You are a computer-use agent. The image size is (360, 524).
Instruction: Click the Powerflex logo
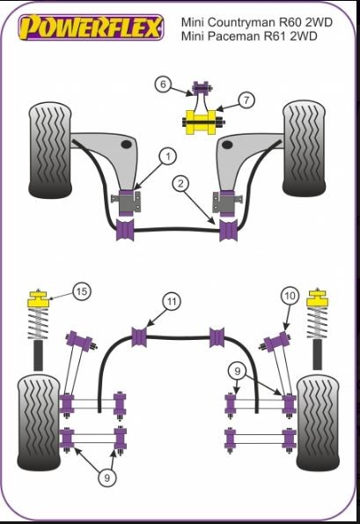92,27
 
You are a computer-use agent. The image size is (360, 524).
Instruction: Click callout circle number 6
164,85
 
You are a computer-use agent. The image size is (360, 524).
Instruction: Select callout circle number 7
246,100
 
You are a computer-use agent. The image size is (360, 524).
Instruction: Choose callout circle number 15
81,290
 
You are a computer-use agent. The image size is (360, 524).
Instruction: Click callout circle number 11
173,302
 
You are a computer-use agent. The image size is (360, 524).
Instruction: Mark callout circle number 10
290,296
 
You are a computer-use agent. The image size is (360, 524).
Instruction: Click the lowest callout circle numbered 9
107,477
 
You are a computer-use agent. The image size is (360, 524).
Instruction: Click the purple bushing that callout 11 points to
138,335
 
